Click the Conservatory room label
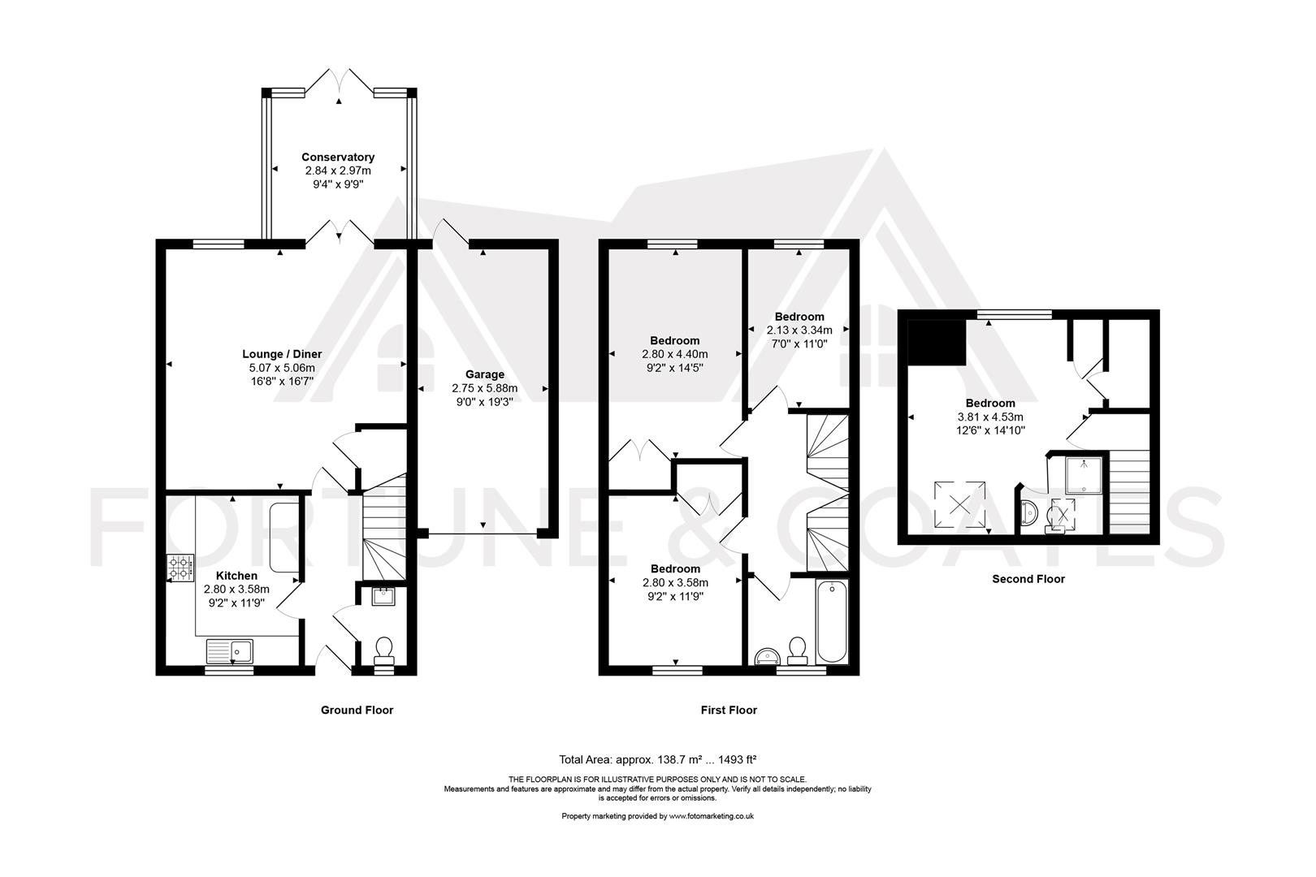pyautogui.click(x=338, y=158)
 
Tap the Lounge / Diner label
pyautogui.click(x=282, y=354)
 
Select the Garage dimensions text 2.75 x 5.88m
pyautogui.click(x=484, y=388)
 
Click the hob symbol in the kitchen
pyautogui.click(x=180, y=568)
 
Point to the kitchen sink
pyautogui.click(x=230, y=651)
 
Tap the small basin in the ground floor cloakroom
pyautogui.click(x=383, y=597)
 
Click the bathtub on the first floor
pyautogui.click(x=833, y=621)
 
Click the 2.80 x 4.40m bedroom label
pyautogui.click(x=675, y=341)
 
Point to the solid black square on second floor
pyautogui.click(x=936, y=342)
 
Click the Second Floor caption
pyautogui.click(x=1028, y=579)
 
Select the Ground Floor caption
pyautogui.click(x=357, y=710)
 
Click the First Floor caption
pyautogui.click(x=729, y=710)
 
